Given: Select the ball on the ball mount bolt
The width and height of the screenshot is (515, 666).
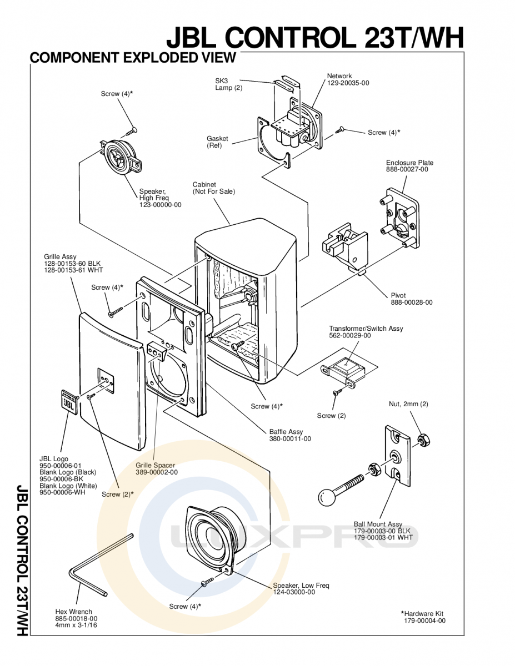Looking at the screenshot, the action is pos(327,497).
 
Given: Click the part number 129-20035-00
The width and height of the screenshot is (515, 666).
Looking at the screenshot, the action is pos(348,83).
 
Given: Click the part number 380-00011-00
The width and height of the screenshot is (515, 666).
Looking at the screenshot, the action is pos(290,438).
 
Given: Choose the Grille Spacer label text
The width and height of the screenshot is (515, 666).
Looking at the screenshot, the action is pos(155,465).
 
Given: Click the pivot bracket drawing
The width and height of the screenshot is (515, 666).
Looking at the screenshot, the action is pos(345,248).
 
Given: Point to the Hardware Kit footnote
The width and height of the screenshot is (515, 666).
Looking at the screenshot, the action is pos(423,617).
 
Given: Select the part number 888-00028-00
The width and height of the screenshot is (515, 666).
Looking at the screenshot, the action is pos(411,302).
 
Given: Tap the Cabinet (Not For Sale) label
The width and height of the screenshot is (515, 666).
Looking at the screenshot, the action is pos(214,188).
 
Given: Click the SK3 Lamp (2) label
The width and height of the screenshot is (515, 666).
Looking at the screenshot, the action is pos(228,84).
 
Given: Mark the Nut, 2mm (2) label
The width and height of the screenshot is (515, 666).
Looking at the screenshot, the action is pos(408,404).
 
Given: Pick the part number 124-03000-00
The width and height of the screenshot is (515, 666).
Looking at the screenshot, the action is pos(294,592).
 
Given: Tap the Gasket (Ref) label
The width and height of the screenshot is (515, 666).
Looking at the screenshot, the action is pos(217,142).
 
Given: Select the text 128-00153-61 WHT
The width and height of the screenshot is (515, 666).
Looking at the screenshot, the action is pos(73,270).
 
